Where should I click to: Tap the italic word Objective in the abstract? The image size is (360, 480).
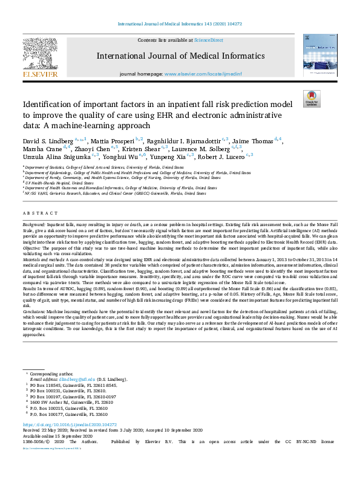tap(32, 248)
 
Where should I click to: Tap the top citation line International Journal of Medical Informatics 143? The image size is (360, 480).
tap(180, 24)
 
